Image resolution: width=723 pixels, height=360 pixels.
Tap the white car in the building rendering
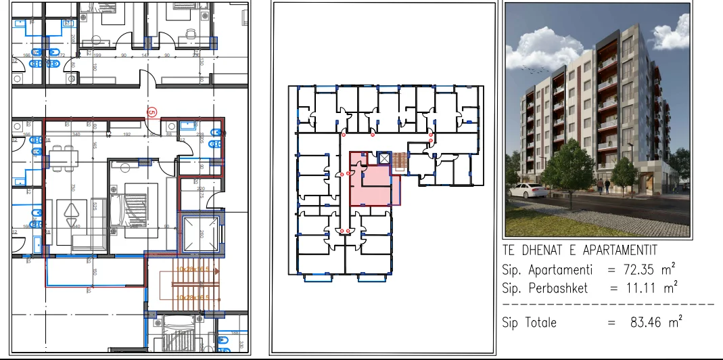pyautogui.click(x=528, y=189)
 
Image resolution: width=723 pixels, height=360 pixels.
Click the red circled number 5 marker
pyautogui.click(x=152, y=112)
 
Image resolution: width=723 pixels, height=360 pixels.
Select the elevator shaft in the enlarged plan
pyautogui.click(x=199, y=233)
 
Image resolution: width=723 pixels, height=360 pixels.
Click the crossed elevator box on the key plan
pyautogui.click(x=384, y=158)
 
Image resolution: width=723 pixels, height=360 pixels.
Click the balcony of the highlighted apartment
pyautogui.click(x=95, y=272)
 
